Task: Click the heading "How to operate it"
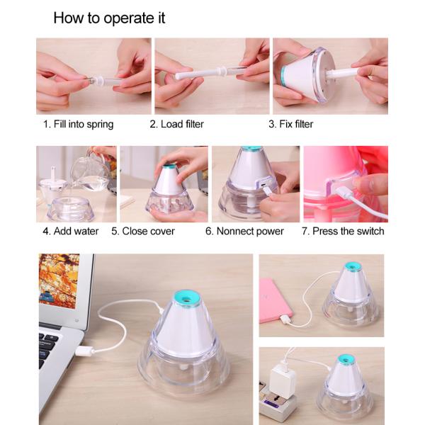(x=109, y=18)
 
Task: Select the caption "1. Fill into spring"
(x=79, y=125)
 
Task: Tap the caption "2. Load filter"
(x=176, y=124)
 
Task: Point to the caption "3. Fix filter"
(x=291, y=124)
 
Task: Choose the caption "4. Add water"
(x=70, y=231)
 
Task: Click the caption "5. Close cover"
(x=143, y=231)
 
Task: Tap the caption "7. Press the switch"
(x=343, y=231)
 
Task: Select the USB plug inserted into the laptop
(x=84, y=351)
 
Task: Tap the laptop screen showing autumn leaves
(x=59, y=281)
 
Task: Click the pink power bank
(x=275, y=301)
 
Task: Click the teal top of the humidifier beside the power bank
(x=353, y=267)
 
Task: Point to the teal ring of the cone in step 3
(x=283, y=74)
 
